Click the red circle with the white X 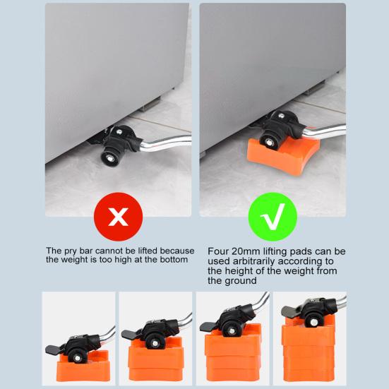pyautogui.click(x=118, y=217)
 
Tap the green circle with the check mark pyautogui.click(x=273, y=217)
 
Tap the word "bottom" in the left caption pyautogui.click(x=174, y=260)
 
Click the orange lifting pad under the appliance pyautogui.click(x=283, y=155)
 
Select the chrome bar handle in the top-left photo pyautogui.click(x=166, y=143)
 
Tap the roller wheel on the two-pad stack pyautogui.click(x=155, y=343)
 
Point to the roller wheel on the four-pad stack pyautogui.click(x=314, y=322)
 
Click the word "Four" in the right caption pyautogui.click(x=218, y=251)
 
